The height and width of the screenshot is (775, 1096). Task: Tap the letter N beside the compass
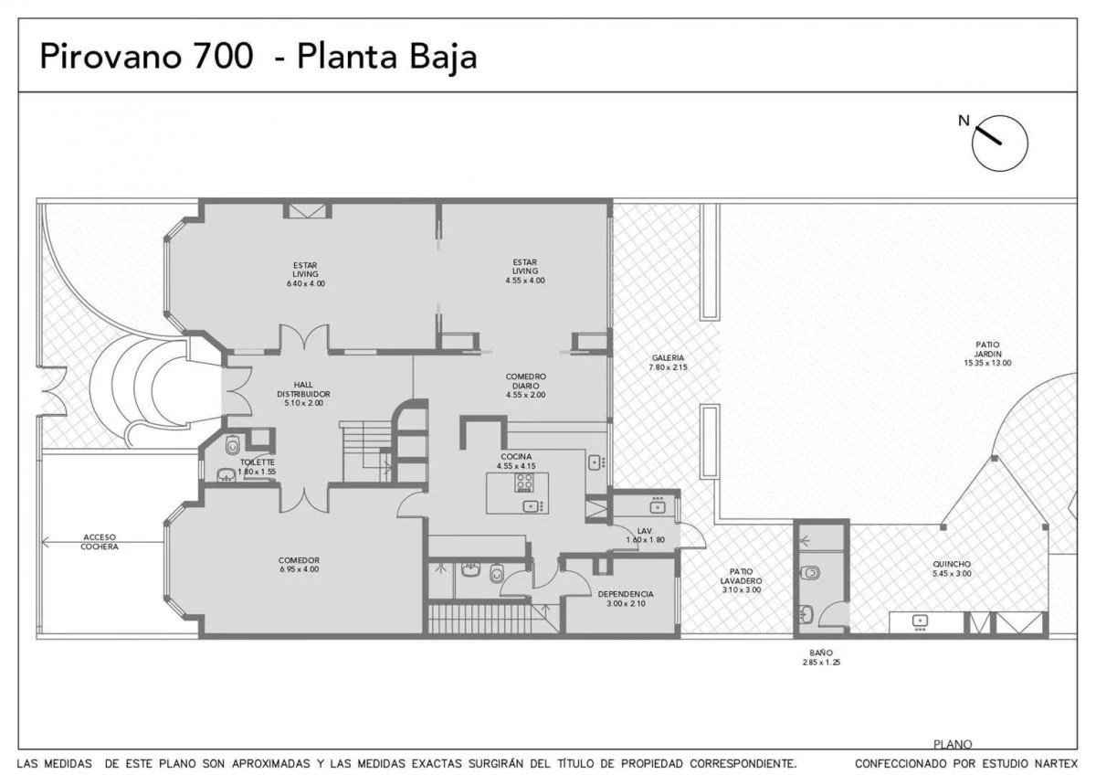click(x=964, y=121)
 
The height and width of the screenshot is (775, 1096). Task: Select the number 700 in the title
click(x=224, y=56)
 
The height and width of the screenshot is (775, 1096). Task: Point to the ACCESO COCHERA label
click(x=100, y=542)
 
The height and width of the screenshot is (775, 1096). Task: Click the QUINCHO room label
click(x=951, y=564)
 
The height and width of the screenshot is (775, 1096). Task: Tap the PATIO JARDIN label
click(x=987, y=349)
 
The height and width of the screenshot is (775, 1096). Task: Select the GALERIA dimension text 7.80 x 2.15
click(x=668, y=367)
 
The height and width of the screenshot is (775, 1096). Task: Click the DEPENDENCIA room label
click(x=626, y=594)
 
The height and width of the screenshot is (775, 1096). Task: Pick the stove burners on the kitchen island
click(x=523, y=482)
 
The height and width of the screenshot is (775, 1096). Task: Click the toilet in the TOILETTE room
click(x=232, y=445)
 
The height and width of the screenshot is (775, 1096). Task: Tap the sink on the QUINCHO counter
click(x=920, y=621)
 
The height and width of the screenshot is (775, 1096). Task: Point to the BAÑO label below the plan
click(x=820, y=653)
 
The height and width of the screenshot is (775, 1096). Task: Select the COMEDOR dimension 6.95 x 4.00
click(x=299, y=569)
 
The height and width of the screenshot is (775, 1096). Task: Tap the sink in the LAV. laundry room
click(x=657, y=506)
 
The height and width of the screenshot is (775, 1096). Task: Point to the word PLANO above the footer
click(x=952, y=744)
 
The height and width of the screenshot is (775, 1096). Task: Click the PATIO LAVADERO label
click(x=741, y=576)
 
